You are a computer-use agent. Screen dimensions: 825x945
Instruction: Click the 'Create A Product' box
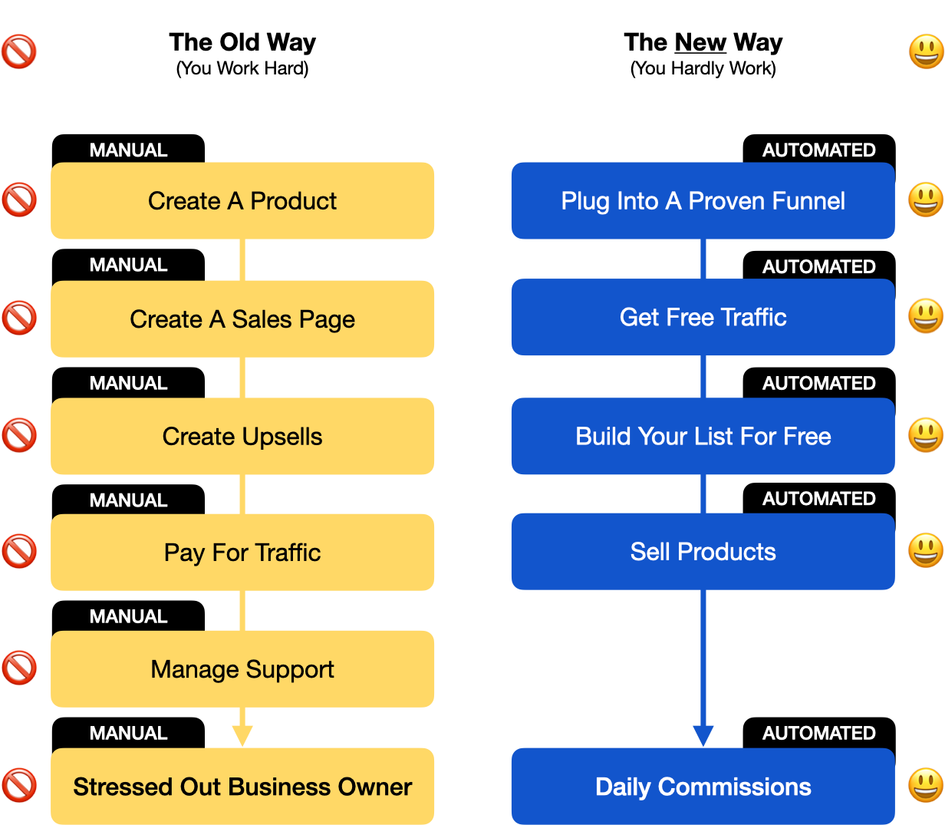(242, 201)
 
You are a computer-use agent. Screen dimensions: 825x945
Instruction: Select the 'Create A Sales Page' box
(242, 318)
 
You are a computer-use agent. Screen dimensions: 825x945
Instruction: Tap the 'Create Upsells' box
(242, 436)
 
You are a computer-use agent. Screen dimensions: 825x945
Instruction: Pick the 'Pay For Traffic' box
(242, 553)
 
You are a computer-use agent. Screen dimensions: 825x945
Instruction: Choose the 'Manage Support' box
(242, 669)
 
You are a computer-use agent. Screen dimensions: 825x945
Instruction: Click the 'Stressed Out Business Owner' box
(242, 787)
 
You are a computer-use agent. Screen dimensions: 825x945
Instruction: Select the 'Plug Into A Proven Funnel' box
(703, 201)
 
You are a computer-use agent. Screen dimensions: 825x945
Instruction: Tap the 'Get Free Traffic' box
(703, 317)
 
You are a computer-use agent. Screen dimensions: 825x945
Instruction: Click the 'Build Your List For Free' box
(703, 436)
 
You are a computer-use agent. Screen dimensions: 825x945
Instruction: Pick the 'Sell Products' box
(703, 552)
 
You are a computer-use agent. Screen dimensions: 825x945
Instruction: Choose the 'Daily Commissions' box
(703, 787)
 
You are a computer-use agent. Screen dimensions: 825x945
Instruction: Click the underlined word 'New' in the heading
(700, 42)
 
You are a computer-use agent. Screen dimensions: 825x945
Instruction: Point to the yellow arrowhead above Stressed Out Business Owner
(242, 736)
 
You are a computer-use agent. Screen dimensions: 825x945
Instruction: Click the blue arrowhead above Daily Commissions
(703, 736)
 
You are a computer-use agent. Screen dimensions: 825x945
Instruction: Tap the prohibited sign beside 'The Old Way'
(19, 52)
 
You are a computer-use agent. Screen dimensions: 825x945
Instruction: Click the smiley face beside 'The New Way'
(926, 52)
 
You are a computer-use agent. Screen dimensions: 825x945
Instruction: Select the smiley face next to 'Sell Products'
(926, 551)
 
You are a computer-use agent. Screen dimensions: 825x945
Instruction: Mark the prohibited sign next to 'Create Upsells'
(19, 435)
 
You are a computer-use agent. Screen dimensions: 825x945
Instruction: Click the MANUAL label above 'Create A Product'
(128, 150)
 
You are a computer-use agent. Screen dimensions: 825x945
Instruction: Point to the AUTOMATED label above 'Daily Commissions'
(818, 733)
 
